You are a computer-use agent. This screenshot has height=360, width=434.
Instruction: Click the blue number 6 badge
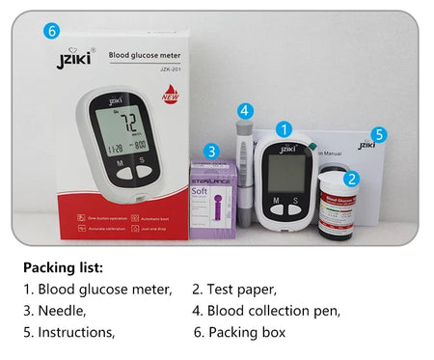pyautogui.click(x=52, y=31)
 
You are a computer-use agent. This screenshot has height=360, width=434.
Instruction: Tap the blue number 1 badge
pyautogui.click(x=284, y=127)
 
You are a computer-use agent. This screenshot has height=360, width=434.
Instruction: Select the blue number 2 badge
pyautogui.click(x=351, y=179)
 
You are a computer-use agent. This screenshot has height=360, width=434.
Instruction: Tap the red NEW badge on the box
pyautogui.click(x=169, y=95)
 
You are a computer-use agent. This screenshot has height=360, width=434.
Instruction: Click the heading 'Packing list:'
pyautogui.click(x=63, y=267)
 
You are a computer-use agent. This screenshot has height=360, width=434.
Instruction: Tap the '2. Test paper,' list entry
pyautogui.click(x=234, y=289)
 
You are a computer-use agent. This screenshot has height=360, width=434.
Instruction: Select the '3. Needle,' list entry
pyautogui.click(x=55, y=311)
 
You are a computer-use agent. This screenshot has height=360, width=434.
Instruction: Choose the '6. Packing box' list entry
pyautogui.click(x=239, y=333)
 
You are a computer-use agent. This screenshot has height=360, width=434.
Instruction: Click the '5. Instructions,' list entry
pyautogui.click(x=69, y=333)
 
